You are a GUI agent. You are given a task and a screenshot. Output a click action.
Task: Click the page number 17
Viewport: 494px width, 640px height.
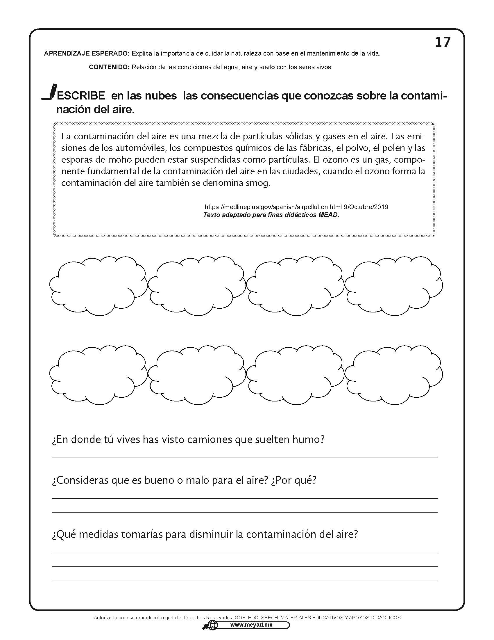(443, 42)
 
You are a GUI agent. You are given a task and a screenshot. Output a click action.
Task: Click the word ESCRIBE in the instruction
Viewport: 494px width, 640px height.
(81, 96)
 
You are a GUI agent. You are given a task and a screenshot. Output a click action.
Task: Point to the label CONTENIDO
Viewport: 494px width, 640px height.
(109, 67)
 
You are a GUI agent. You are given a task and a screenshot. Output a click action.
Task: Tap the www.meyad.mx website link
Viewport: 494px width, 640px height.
(251, 625)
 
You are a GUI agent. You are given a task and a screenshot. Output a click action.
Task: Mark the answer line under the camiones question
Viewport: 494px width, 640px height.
(245, 457)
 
